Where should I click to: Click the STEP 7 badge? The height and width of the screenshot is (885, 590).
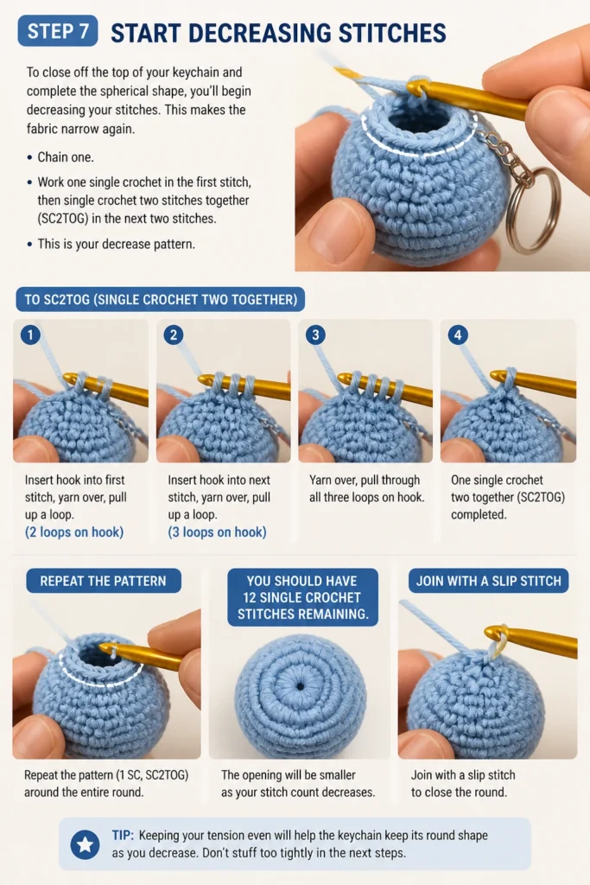pyautogui.click(x=58, y=31)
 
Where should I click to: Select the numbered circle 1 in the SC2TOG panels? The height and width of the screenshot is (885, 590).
pyautogui.click(x=30, y=334)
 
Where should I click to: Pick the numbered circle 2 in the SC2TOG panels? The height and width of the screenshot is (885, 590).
pyautogui.click(x=173, y=334)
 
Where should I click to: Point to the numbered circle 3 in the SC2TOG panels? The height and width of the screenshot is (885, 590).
pyautogui.click(x=315, y=334)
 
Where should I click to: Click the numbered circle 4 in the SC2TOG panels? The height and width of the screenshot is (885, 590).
pyautogui.click(x=458, y=334)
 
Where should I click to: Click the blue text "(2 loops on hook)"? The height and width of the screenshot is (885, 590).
pyautogui.click(x=74, y=532)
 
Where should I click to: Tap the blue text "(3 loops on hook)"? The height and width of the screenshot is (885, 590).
pyautogui.click(x=217, y=532)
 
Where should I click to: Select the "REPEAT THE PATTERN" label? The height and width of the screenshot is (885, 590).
pyautogui.click(x=103, y=581)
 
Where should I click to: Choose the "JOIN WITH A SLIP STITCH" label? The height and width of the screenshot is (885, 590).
pyautogui.click(x=488, y=581)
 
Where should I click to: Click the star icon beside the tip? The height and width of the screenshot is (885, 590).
pyautogui.click(x=86, y=845)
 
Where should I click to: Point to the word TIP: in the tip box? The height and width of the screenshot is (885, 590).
pyautogui.click(x=123, y=836)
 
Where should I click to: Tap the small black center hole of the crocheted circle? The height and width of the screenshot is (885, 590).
pyautogui.click(x=300, y=687)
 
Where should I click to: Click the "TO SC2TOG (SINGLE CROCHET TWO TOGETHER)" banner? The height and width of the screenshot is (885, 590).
pyautogui.click(x=160, y=300)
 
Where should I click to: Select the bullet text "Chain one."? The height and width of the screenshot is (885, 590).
pyautogui.click(x=66, y=157)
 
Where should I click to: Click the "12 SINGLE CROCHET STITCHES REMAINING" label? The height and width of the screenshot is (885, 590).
pyautogui.click(x=303, y=597)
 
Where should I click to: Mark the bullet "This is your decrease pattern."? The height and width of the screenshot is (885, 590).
pyautogui.click(x=117, y=245)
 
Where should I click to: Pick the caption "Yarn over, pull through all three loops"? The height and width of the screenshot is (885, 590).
pyautogui.click(x=366, y=488)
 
